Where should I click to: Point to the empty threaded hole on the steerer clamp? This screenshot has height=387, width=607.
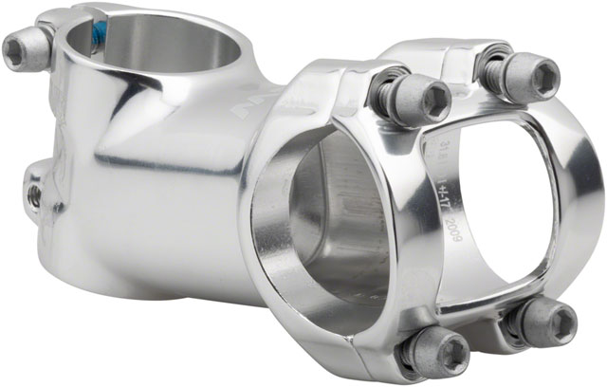tap(34, 193)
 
